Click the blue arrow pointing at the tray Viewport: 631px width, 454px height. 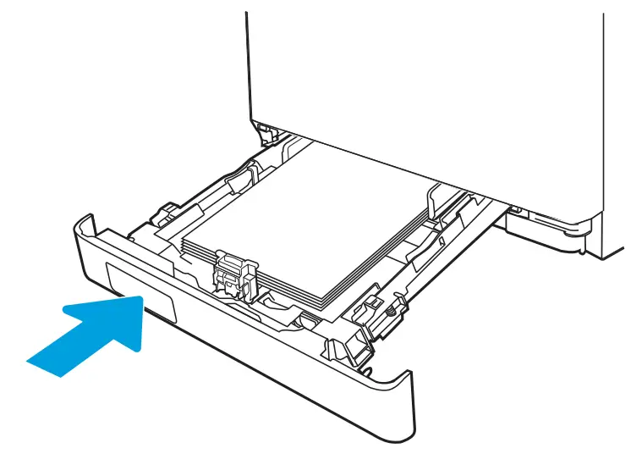(x=93, y=335)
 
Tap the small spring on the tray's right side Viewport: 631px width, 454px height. (x=390, y=314)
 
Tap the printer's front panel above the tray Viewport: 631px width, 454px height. (x=423, y=68)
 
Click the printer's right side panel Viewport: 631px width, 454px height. (x=616, y=127)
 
